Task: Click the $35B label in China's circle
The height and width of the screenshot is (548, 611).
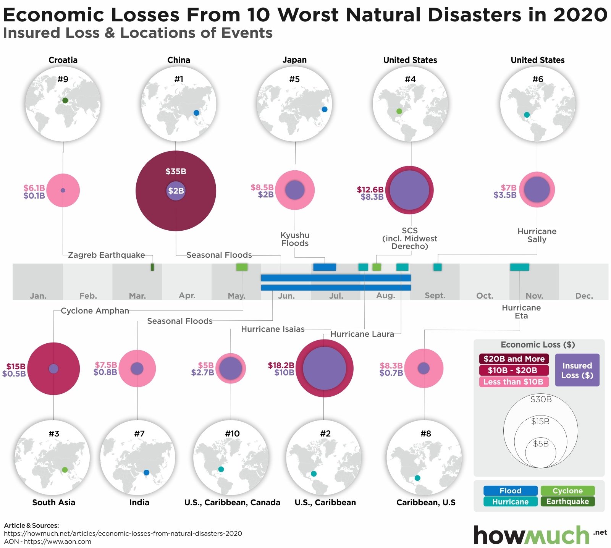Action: pyautogui.click(x=176, y=171)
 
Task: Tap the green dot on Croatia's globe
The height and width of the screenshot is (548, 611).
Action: pyautogui.click(x=65, y=100)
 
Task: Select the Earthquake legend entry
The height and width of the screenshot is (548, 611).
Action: pyautogui.click(x=567, y=501)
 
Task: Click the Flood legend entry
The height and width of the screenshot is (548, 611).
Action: pyautogui.click(x=510, y=491)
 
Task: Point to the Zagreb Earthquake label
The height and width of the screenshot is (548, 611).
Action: pyautogui.click(x=107, y=255)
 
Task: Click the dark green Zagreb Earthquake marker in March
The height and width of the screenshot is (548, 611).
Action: pyautogui.click(x=152, y=267)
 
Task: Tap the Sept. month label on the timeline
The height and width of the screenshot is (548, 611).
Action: pyautogui.click(x=435, y=296)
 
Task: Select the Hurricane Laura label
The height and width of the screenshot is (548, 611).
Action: pyautogui.click(x=362, y=334)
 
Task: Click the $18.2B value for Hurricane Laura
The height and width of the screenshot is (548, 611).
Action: pyautogui.click(x=281, y=365)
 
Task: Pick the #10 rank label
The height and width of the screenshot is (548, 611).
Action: pyautogui.click(x=232, y=433)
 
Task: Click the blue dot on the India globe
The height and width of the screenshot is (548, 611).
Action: pyautogui.click(x=146, y=472)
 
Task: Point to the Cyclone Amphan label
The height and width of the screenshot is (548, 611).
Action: pyautogui.click(x=95, y=311)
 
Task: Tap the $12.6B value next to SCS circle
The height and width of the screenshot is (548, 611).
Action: pyautogui.click(x=370, y=189)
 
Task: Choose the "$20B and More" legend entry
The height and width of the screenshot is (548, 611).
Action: pyautogui.click(x=514, y=359)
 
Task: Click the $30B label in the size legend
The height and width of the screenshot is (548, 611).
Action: pyautogui.click(x=541, y=399)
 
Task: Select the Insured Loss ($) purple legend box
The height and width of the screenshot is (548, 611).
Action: pyautogui.click(x=577, y=370)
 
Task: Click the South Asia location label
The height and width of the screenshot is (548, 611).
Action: pyautogui.click(x=54, y=503)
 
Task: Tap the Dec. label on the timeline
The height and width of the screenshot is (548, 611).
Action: pyautogui.click(x=584, y=296)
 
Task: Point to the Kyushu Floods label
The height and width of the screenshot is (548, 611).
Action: pyautogui.click(x=295, y=239)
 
